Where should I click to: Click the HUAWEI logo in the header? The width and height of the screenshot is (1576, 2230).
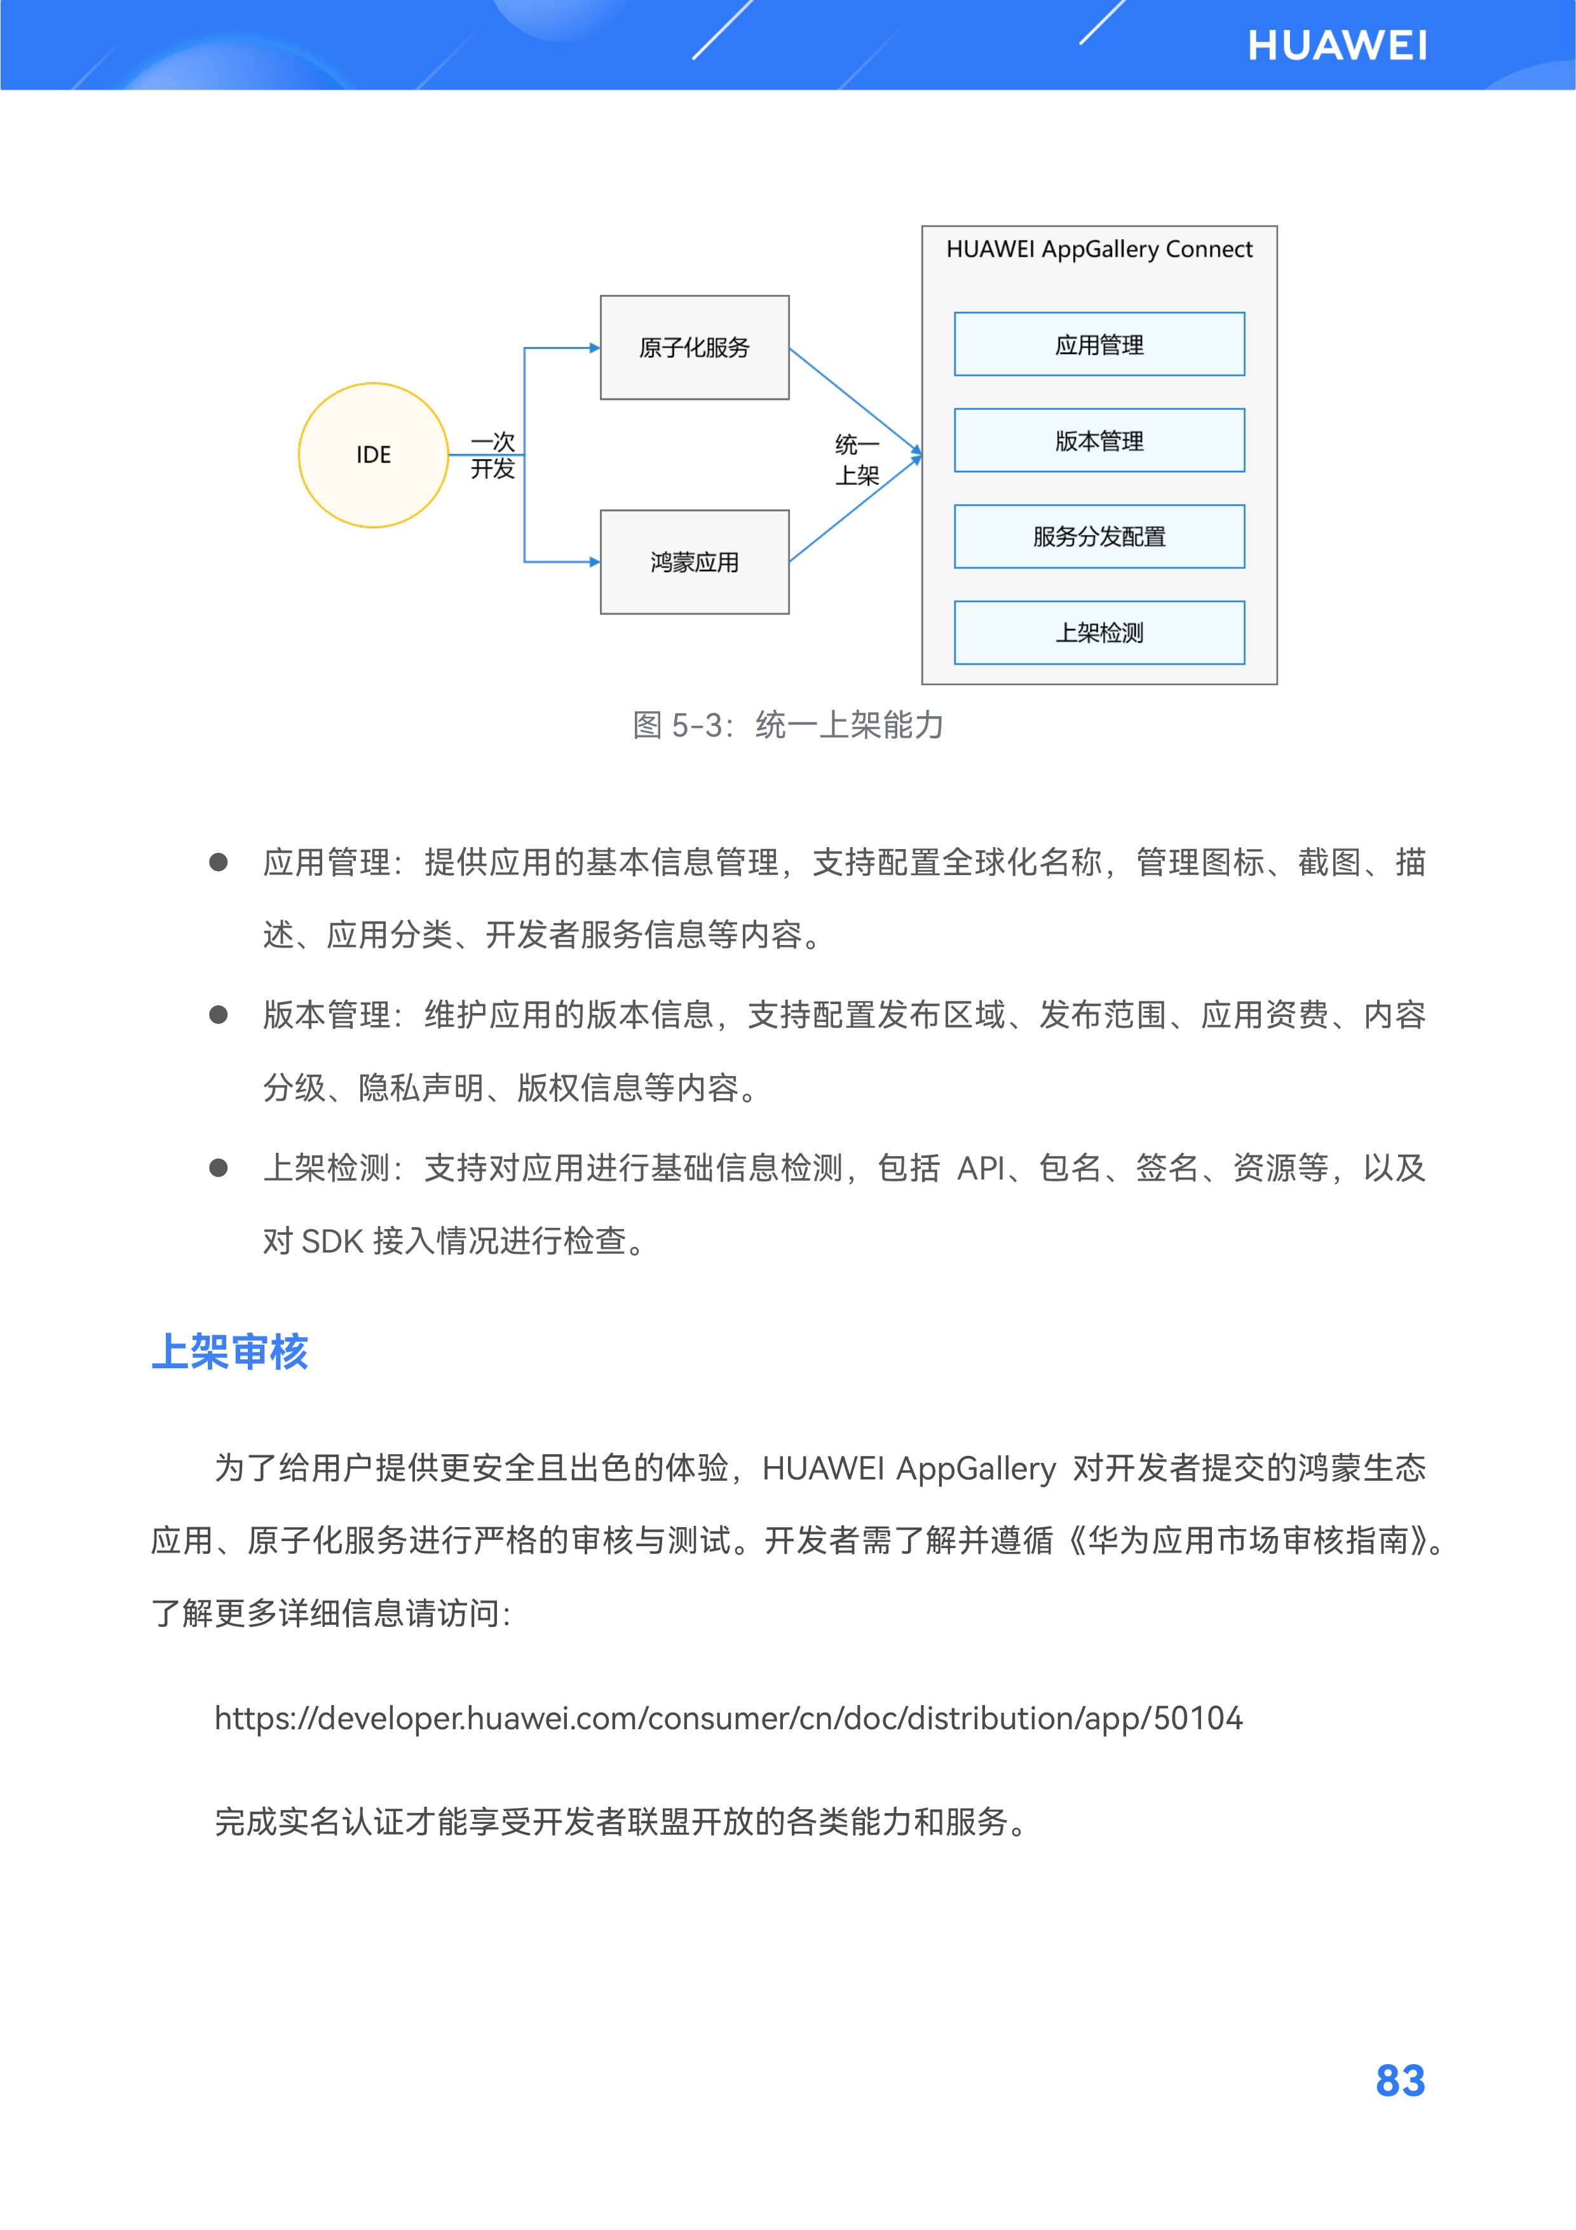coord(1336,46)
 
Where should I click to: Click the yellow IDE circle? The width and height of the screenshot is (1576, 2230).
coord(373,454)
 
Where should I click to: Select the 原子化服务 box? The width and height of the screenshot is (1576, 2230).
coord(695,348)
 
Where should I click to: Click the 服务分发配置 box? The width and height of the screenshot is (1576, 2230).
coord(1099,536)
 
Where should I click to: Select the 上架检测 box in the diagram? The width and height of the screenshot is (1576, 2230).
coord(1099,633)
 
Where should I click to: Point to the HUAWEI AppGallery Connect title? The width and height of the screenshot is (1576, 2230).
coord(1099,250)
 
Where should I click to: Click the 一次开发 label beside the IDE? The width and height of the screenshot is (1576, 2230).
coord(492,456)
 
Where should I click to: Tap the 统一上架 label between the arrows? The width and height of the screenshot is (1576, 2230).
coord(857,460)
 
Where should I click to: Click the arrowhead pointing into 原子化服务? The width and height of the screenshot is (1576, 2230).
coord(594,348)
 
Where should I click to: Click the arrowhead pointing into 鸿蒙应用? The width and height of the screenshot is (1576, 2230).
coord(594,561)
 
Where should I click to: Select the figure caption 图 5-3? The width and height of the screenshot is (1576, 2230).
coord(787,724)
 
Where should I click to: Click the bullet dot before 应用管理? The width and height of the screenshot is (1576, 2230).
coord(219,862)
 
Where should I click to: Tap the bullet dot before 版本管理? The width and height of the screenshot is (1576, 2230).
coord(219,1015)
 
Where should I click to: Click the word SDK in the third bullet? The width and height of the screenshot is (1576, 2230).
coord(332,1241)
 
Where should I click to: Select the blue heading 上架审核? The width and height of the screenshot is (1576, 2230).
coord(230,1352)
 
